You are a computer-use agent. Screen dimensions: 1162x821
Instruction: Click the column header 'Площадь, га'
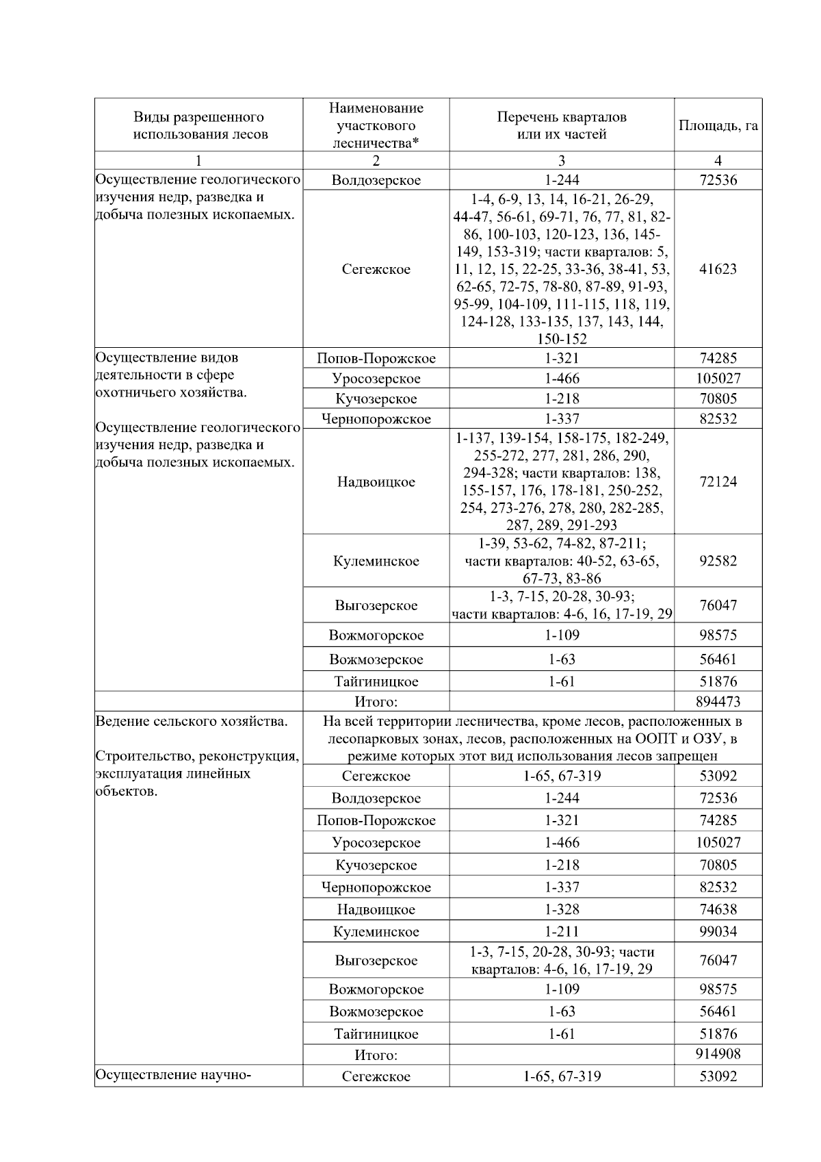718,126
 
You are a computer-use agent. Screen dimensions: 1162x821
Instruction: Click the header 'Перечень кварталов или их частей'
561,126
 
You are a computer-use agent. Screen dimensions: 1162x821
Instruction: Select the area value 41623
718,269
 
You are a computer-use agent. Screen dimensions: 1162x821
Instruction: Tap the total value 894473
718,702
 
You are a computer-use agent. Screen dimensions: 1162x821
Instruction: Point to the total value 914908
718,1054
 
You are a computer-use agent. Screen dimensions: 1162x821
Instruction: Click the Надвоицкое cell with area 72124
376,482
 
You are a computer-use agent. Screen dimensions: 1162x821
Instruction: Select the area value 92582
718,561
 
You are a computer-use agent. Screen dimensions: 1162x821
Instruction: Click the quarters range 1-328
561,910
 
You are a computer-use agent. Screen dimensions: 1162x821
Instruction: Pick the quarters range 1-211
561,932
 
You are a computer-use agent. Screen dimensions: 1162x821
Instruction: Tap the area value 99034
718,932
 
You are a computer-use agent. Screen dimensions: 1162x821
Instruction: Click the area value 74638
718,910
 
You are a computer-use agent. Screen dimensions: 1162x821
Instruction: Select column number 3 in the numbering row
561,161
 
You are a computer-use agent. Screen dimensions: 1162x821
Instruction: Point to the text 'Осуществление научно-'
174,1075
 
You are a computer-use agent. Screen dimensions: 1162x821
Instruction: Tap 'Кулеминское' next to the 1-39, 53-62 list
376,561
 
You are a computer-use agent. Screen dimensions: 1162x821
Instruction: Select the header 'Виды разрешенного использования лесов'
199,126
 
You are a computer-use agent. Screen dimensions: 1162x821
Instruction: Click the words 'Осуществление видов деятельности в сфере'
168,366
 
